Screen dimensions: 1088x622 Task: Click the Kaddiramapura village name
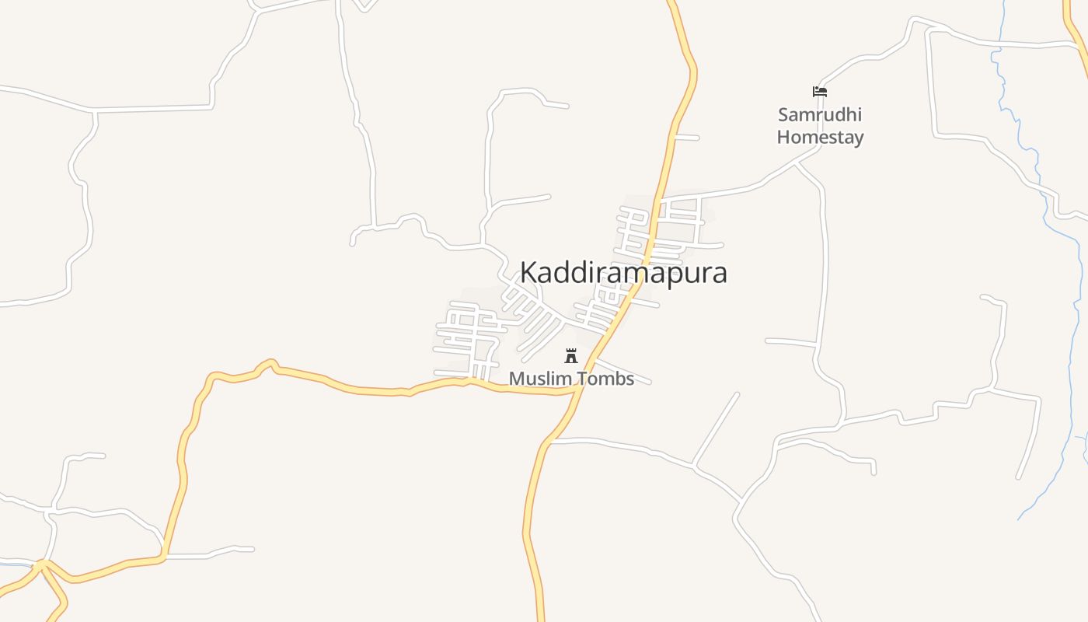tap(623, 273)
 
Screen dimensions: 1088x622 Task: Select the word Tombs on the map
tap(605, 379)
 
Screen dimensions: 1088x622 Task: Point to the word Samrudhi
tap(820, 115)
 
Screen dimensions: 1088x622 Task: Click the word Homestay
tap(820, 138)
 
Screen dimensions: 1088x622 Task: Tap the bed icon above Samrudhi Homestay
tap(819, 92)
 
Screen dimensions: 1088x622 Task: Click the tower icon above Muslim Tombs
tap(571, 356)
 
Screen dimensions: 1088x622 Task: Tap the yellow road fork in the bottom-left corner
tap(43, 564)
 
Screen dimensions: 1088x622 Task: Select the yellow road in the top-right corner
tap(1076, 31)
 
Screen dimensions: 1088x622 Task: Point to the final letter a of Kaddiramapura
tap(719, 274)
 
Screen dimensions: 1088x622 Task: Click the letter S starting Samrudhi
tap(783, 115)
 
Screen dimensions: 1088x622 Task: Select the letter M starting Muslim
tap(516, 379)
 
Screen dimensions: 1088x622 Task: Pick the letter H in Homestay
tap(783, 138)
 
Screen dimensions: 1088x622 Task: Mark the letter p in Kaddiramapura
tap(669, 276)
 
